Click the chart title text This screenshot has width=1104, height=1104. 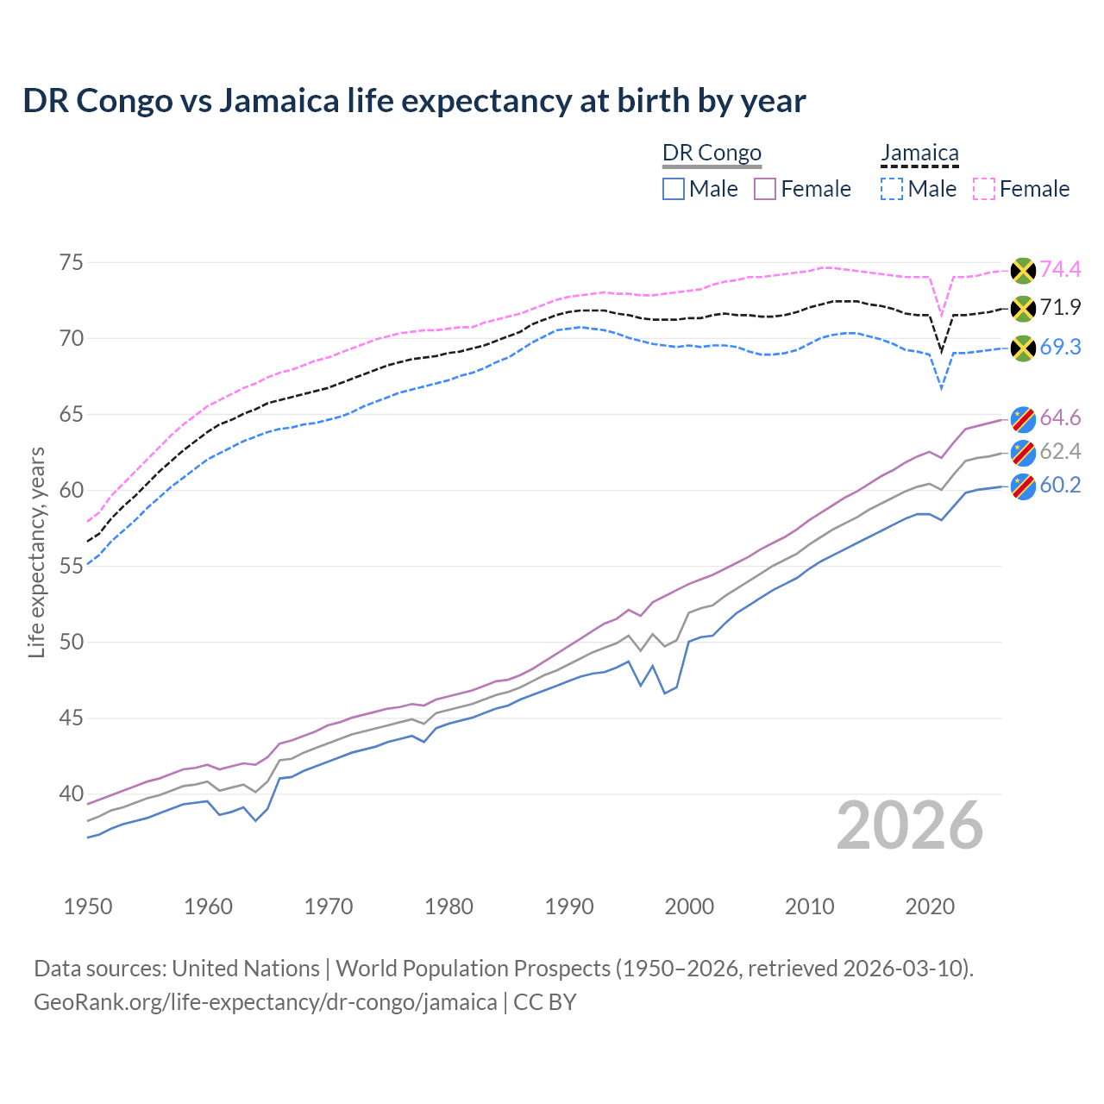[x=414, y=101]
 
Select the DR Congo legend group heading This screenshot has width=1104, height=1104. [x=712, y=153]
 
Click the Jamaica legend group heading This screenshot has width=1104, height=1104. [x=919, y=153]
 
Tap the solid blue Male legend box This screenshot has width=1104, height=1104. [x=674, y=189]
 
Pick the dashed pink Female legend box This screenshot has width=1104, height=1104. [x=984, y=189]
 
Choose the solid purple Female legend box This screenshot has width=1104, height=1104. [x=766, y=189]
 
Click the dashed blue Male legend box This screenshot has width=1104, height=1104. [x=892, y=189]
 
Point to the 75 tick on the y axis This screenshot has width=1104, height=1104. [x=72, y=262]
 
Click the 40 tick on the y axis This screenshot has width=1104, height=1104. [x=72, y=793]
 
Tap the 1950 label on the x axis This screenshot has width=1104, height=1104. [x=88, y=906]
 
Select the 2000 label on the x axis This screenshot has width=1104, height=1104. [x=689, y=906]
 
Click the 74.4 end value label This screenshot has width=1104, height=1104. [x=1060, y=269]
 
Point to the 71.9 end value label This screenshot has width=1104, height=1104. [x=1060, y=307]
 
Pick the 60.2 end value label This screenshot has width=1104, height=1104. [x=1060, y=485]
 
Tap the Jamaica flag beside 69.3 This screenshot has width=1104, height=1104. [x=1023, y=348]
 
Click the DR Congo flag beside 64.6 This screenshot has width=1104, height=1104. [x=1023, y=418]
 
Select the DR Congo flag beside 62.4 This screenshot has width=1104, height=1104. [x=1023, y=452]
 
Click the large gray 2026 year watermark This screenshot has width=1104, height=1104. [x=910, y=825]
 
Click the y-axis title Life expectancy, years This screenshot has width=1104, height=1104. [x=36, y=552]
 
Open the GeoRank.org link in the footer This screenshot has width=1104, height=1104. [x=265, y=1002]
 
